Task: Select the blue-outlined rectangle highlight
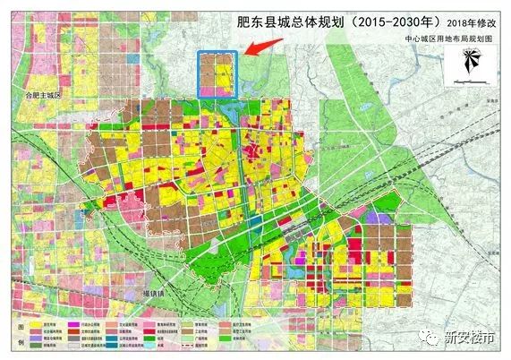[x=217, y=74]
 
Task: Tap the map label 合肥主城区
[x=42, y=94]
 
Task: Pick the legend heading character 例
[x=10, y=345]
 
